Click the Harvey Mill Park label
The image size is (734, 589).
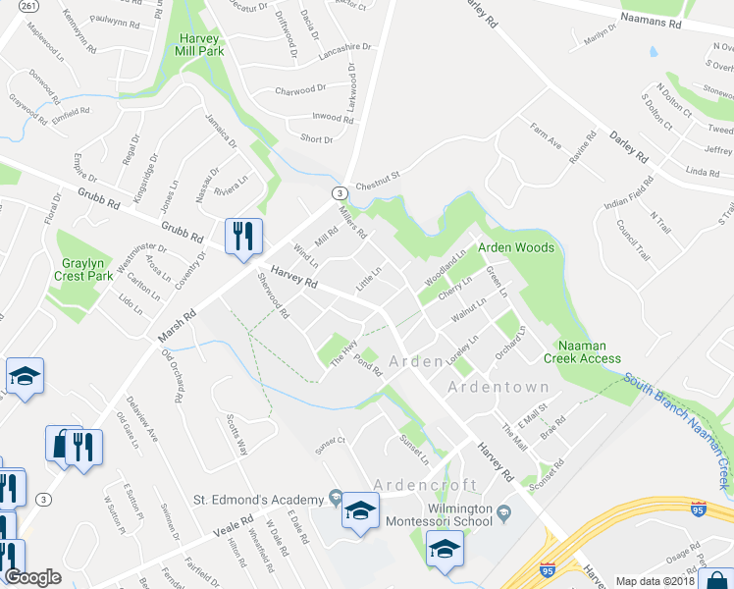(200, 45)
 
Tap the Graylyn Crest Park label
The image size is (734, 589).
(87, 270)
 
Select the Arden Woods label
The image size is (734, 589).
(516, 247)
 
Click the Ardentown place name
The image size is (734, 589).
(498, 387)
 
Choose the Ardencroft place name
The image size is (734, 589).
(425, 485)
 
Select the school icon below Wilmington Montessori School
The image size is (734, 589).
(445, 551)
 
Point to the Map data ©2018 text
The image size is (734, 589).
(654, 581)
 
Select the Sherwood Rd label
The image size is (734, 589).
(273, 297)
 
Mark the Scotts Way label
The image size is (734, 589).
(236, 431)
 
